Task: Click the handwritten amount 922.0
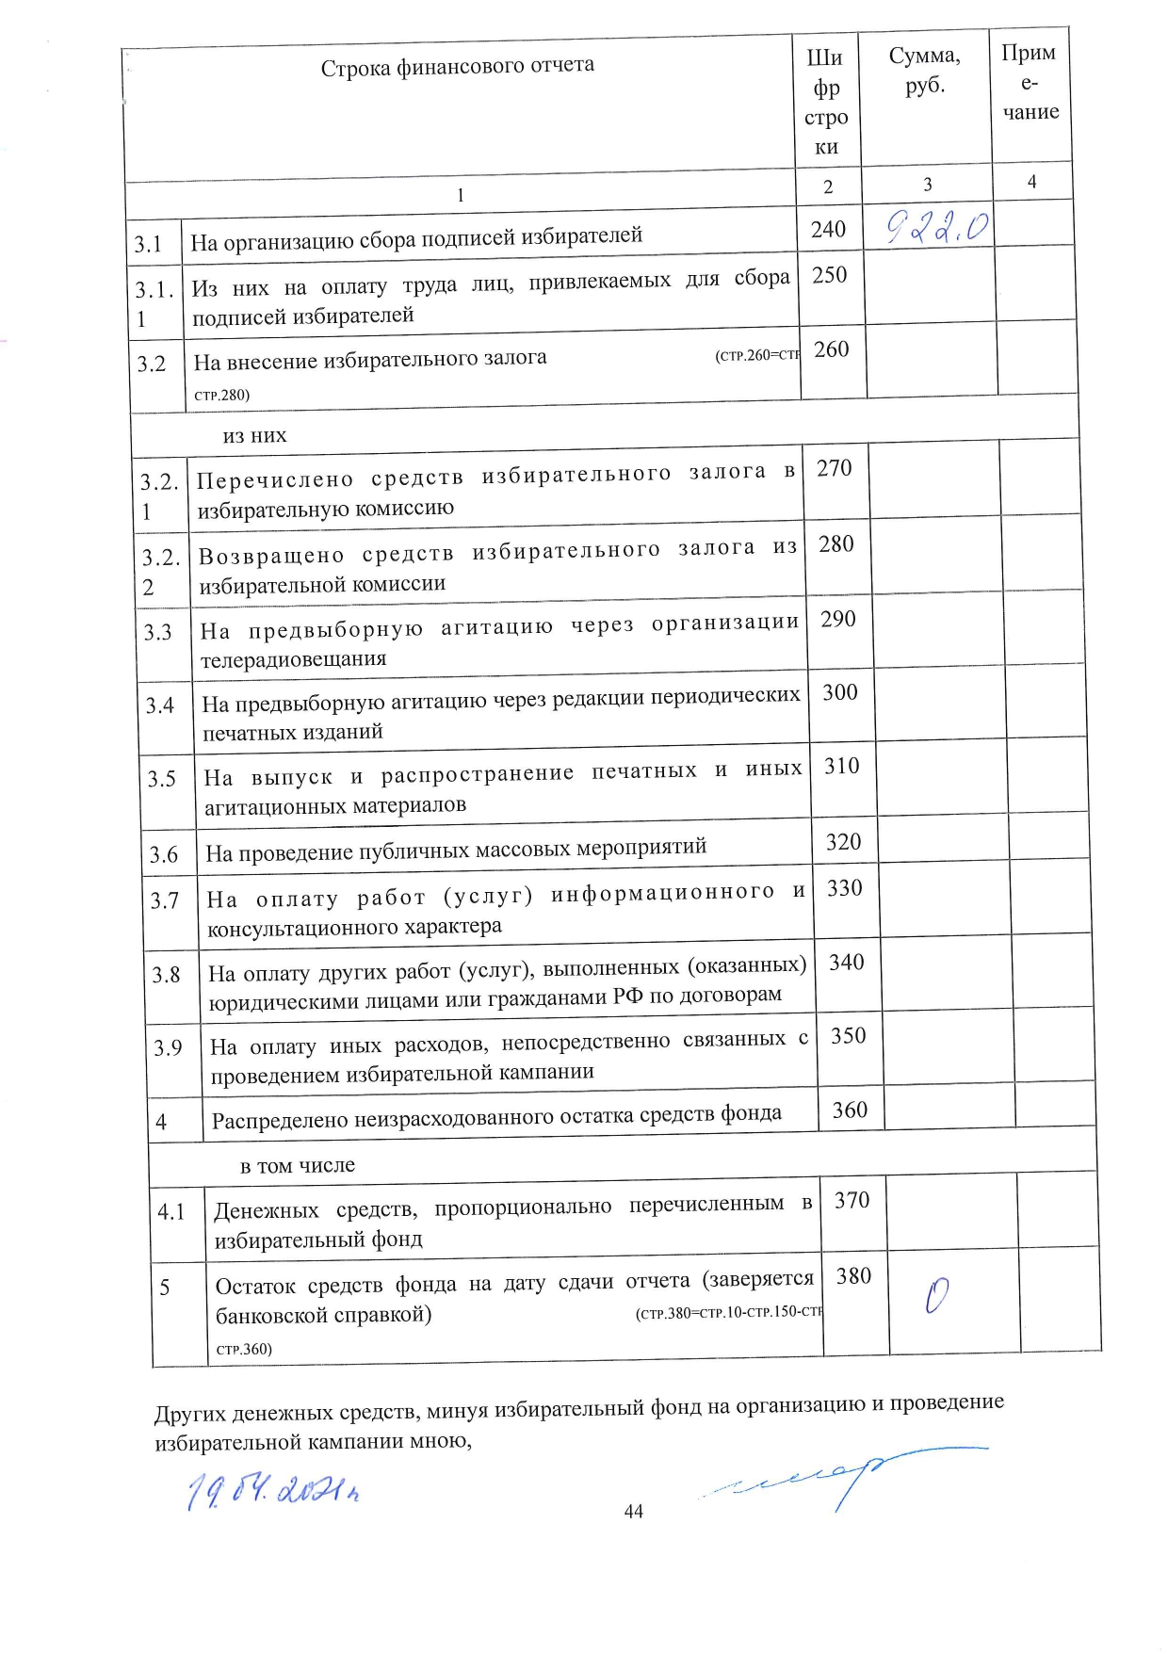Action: [938, 227]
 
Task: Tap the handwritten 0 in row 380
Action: [936, 1296]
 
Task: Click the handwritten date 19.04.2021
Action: [273, 1489]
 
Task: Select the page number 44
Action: [634, 1511]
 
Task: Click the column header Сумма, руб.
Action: [925, 71]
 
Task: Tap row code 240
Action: [829, 229]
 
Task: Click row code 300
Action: [840, 692]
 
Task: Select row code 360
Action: [850, 1110]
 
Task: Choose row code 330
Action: [845, 888]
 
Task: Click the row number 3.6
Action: [164, 854]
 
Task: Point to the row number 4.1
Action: [171, 1212]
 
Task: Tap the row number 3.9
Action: [168, 1047]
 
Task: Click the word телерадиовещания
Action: [294, 658]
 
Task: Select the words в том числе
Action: [298, 1165]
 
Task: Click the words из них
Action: [254, 436]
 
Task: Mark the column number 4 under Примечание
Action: [1031, 182]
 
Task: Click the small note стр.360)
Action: [244, 1349]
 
